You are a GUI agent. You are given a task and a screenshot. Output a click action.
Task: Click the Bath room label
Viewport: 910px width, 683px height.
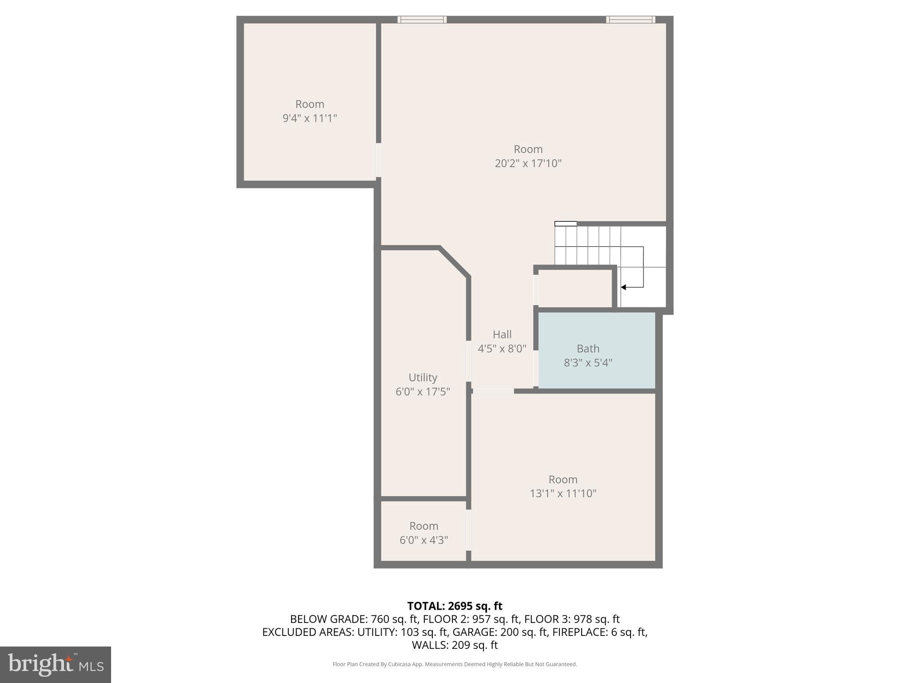[x=588, y=349]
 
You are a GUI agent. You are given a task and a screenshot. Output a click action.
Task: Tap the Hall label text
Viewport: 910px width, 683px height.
[x=502, y=334]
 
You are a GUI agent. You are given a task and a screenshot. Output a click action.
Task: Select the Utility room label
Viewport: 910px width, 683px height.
[x=423, y=378]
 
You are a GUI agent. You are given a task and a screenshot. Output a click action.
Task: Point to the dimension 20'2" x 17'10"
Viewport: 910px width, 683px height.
[x=528, y=163]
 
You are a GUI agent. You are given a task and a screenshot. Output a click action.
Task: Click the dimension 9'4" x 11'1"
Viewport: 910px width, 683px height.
[x=310, y=118]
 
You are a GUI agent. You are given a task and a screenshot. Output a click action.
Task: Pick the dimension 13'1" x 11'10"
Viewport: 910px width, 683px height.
[x=563, y=494]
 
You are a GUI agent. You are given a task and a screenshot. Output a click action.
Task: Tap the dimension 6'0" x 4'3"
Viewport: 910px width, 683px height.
[x=423, y=540]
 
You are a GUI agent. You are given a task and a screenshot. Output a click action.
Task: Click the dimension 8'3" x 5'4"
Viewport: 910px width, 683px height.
[x=588, y=363]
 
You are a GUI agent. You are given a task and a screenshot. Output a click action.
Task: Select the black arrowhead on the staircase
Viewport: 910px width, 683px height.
[x=623, y=287]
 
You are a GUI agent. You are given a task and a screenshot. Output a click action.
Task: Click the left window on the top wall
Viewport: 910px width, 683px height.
[x=422, y=20]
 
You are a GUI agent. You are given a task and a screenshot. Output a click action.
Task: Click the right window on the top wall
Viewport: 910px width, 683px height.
[x=631, y=20]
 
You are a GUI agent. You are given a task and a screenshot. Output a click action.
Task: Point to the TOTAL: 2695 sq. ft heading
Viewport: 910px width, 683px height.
[x=455, y=606]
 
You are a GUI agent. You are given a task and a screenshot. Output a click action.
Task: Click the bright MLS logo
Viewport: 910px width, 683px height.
[x=56, y=664]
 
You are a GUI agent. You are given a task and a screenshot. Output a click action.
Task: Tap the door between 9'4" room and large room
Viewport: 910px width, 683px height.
[x=379, y=160]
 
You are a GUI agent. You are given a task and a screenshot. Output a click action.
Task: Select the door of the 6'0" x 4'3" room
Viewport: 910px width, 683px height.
[x=468, y=530]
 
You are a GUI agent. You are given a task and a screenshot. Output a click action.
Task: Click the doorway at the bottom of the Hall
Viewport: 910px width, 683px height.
[x=493, y=391]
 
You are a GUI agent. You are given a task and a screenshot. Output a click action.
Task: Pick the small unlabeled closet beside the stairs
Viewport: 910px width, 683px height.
[x=575, y=288]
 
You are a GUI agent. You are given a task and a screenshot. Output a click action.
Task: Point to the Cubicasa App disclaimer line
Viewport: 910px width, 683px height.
[x=455, y=664]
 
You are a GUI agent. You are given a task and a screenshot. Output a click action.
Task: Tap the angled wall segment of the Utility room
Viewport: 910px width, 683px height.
[x=455, y=262]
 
